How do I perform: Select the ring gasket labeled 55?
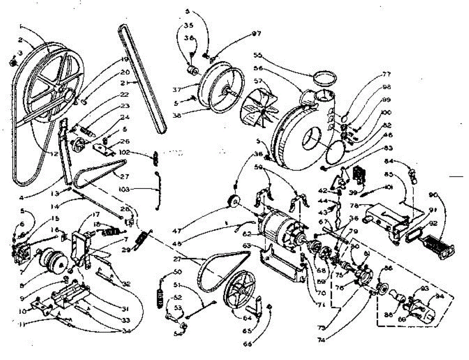(x=325, y=78)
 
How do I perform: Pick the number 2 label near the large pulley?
(x=19, y=40)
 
